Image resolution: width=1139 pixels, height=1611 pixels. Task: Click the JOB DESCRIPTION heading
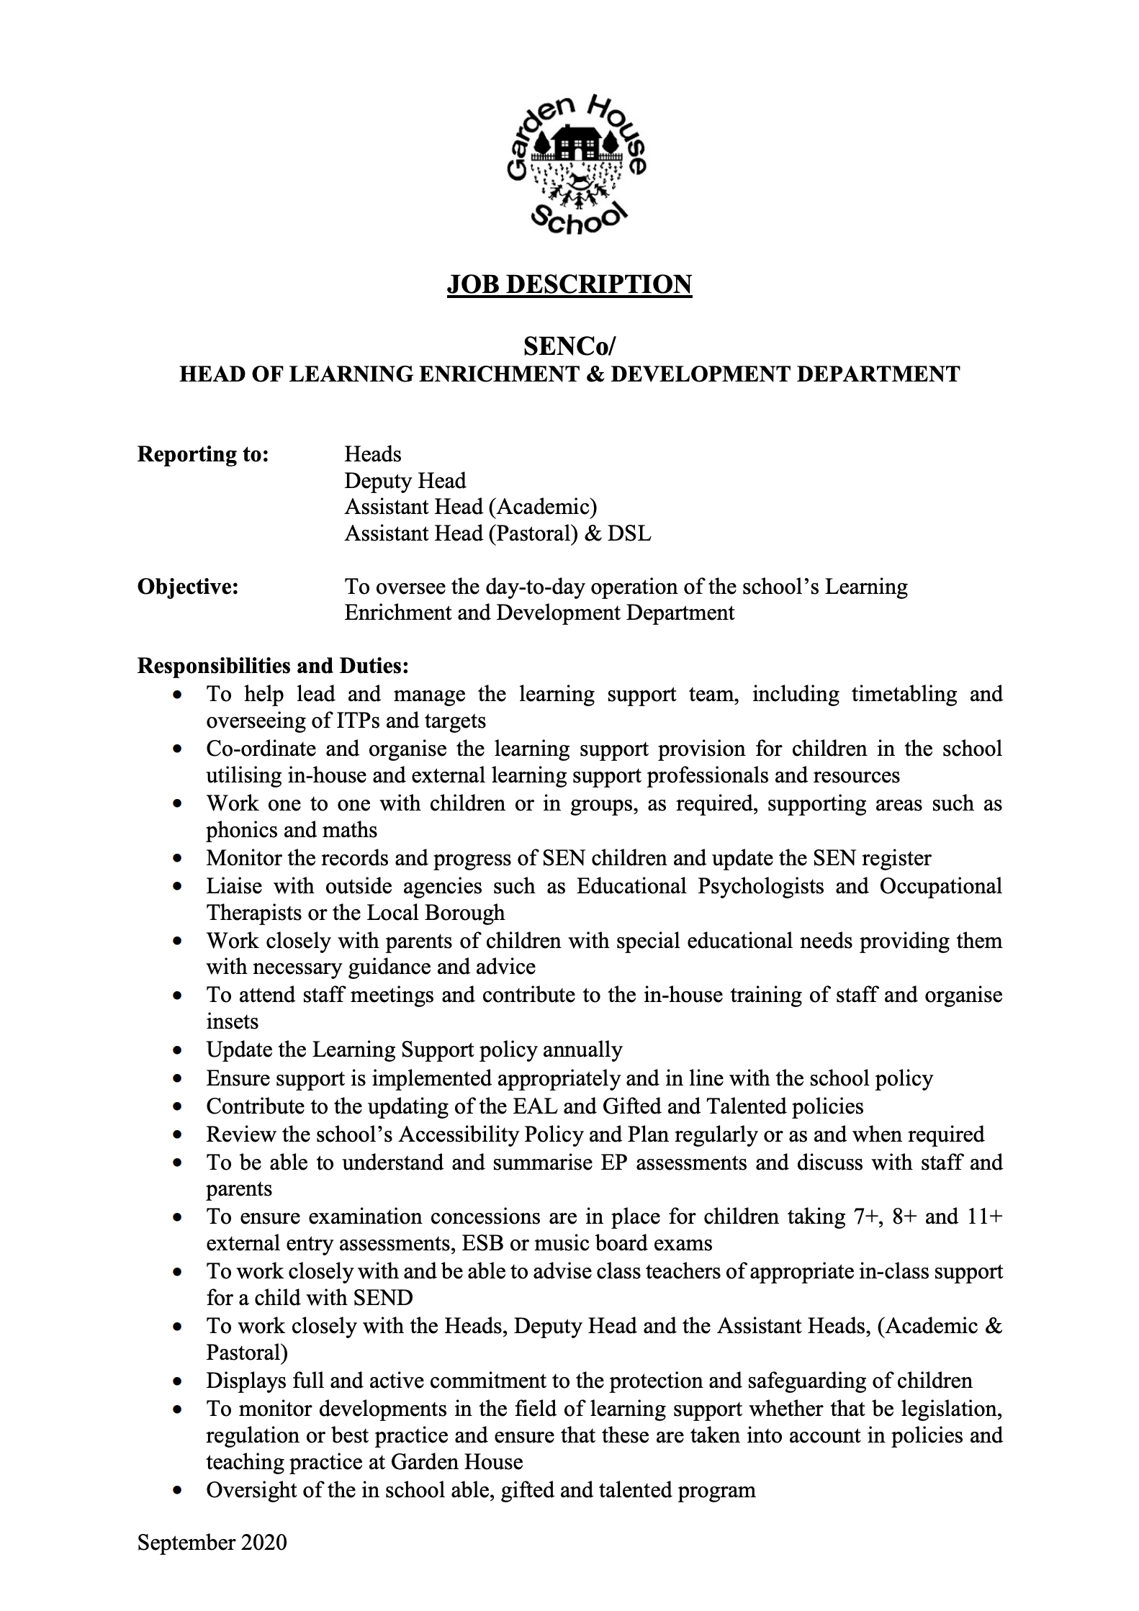tap(569, 284)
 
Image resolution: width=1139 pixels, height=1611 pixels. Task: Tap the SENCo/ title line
tap(569, 346)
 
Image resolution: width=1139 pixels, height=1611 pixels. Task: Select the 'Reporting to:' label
tap(203, 454)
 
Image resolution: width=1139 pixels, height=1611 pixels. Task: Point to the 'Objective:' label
tap(188, 587)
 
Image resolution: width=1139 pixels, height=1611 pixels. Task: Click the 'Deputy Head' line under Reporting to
tap(405, 481)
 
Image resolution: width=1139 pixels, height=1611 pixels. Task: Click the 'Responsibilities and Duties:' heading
tap(273, 666)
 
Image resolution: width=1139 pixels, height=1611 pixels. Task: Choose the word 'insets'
tap(232, 1021)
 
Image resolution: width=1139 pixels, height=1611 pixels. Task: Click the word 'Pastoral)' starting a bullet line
tap(247, 1353)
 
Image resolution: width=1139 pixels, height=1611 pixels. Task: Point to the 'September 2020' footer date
tap(212, 1542)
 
